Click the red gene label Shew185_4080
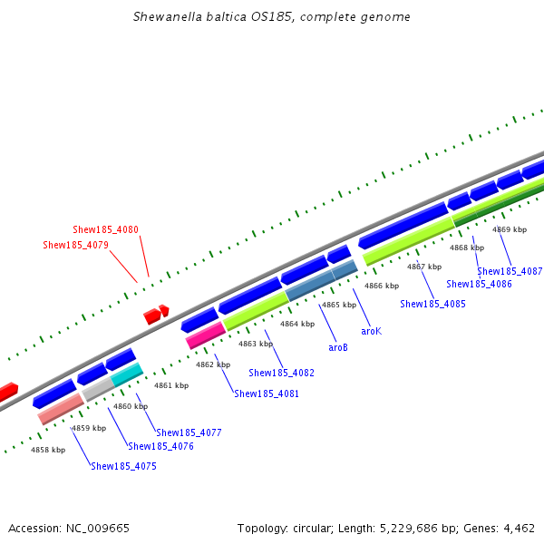[x=105, y=230]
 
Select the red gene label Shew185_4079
[x=75, y=245]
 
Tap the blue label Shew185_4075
[x=123, y=466]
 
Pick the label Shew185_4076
[x=160, y=446]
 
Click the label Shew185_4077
[x=189, y=432]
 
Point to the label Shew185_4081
[x=267, y=393]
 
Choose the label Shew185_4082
[x=281, y=373]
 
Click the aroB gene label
[x=338, y=347]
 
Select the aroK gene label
[x=371, y=331]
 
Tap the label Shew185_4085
[x=432, y=304]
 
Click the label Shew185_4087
[x=510, y=271]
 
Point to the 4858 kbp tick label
[x=48, y=450]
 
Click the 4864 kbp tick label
[x=296, y=324]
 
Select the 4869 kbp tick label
[x=509, y=230]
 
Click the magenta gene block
[x=205, y=335]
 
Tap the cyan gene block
[x=127, y=374]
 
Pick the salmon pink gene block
[x=61, y=409]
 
